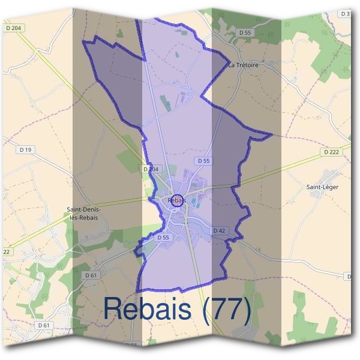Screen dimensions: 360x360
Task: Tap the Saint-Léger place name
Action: click(323, 187)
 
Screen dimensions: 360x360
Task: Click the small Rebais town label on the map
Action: click(177, 199)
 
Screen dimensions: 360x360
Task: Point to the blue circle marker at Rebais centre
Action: click(176, 202)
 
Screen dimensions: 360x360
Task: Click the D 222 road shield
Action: click(331, 152)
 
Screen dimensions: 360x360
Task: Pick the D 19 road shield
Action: click(25, 149)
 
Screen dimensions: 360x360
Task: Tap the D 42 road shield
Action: click(218, 230)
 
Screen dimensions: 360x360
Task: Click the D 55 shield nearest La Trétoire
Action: click(244, 32)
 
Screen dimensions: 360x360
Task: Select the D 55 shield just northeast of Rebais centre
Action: click(204, 161)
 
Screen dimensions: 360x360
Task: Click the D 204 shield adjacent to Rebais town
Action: click(151, 170)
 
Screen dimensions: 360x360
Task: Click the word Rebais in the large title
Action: click(148, 308)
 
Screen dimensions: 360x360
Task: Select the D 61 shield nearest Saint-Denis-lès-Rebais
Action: click(91, 275)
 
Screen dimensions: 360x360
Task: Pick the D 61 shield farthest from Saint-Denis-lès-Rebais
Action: click(43, 325)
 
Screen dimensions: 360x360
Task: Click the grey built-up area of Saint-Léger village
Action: click(328, 175)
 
